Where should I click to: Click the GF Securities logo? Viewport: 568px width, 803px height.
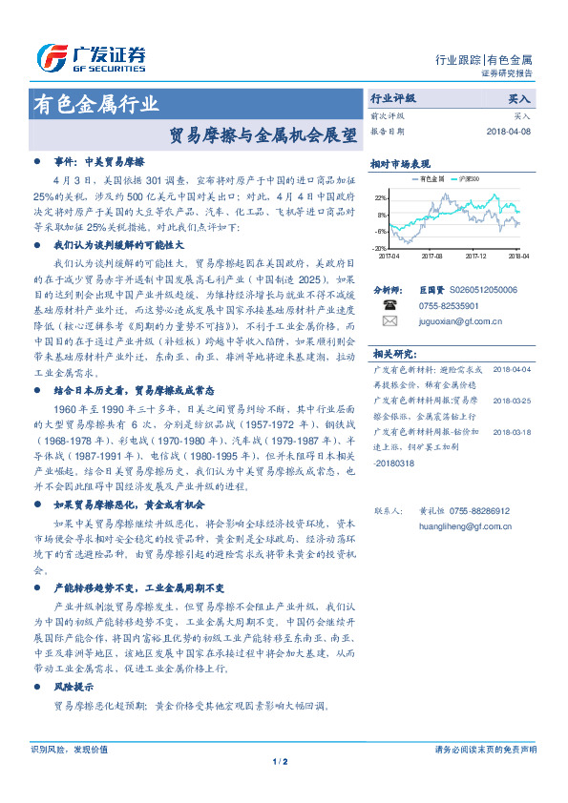point(90,58)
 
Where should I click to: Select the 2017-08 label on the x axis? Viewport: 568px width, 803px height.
point(432,257)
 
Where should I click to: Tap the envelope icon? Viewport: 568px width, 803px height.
point(389,321)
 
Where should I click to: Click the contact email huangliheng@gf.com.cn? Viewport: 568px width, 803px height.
point(465,525)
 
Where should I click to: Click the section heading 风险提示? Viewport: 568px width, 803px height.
point(74,687)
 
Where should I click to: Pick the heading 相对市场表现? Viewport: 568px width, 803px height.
point(400,163)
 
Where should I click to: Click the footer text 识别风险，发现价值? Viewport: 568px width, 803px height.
point(69,750)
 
